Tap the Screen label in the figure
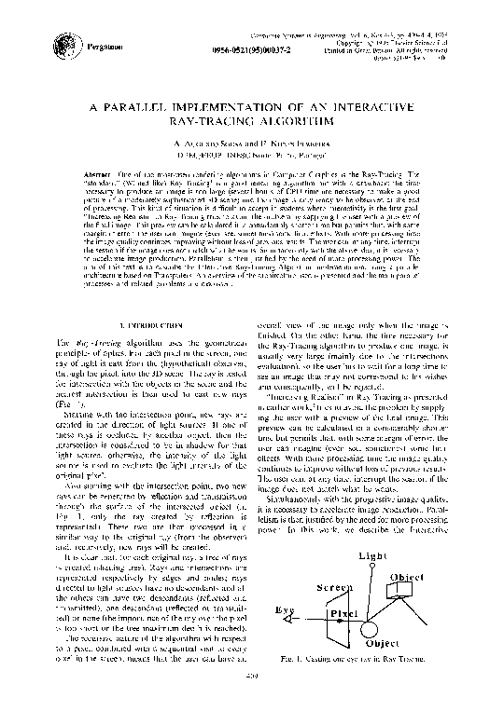(334, 589)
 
